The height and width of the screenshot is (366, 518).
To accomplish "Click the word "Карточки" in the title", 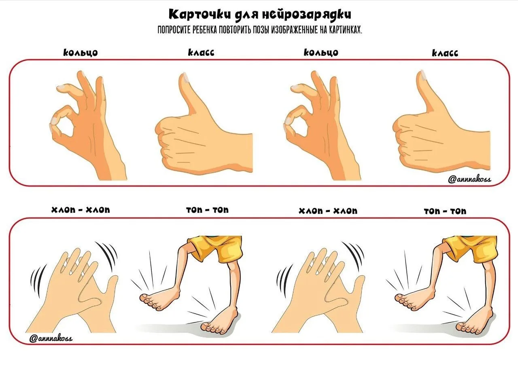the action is click(x=200, y=14).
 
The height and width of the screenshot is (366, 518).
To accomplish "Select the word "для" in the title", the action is click(x=246, y=15).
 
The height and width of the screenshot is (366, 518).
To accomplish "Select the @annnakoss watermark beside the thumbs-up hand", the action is click(x=469, y=179).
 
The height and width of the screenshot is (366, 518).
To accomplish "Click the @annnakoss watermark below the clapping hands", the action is click(x=51, y=338).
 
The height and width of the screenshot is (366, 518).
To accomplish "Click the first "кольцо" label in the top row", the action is click(x=81, y=53).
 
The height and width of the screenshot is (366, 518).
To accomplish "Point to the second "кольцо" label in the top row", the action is click(x=321, y=53).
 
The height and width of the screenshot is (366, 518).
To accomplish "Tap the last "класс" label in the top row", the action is click(x=445, y=53).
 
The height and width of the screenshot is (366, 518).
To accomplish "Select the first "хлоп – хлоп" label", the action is click(x=81, y=210).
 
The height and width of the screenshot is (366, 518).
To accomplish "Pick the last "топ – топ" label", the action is click(x=445, y=211).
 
